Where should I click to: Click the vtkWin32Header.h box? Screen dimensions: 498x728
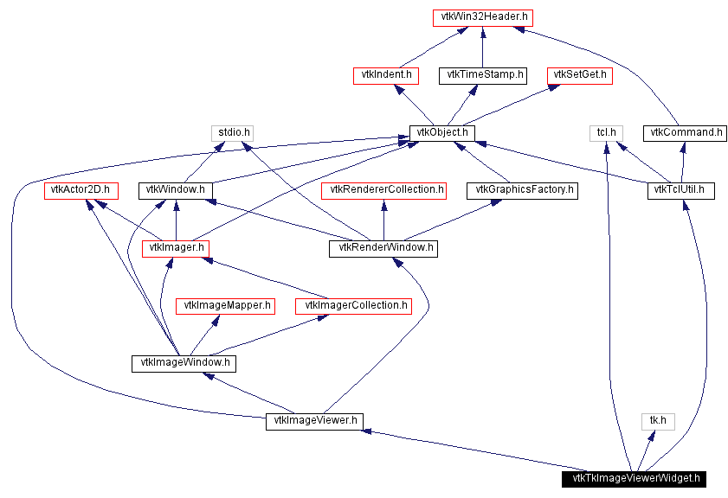pyautogui.click(x=481, y=17)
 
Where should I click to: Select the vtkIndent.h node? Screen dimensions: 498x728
pyautogui.click(x=385, y=75)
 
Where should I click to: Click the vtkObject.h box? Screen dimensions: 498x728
pyautogui.click(x=441, y=133)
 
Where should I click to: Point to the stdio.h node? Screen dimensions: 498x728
pyautogui.click(x=231, y=133)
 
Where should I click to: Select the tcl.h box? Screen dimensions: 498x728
pyautogui.click(x=606, y=133)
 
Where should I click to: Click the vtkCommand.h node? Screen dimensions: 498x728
pyautogui.click(x=684, y=133)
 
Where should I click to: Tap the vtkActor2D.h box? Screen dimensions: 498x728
pyautogui.click(x=81, y=190)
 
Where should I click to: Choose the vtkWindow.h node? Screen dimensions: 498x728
pyautogui.click(x=176, y=190)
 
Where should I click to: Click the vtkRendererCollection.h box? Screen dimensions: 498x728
pyautogui.click(x=383, y=190)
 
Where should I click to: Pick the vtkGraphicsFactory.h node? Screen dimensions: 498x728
pyautogui.click(x=521, y=190)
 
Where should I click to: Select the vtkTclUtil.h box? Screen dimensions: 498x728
pyautogui.click(x=681, y=190)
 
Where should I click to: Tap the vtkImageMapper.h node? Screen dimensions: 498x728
pyautogui.click(x=225, y=306)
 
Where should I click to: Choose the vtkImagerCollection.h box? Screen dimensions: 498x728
pyautogui.click(x=352, y=306)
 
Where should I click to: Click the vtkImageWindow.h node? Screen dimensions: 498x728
pyautogui.click(x=184, y=364)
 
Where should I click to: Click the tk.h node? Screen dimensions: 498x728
pyautogui.click(x=658, y=421)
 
